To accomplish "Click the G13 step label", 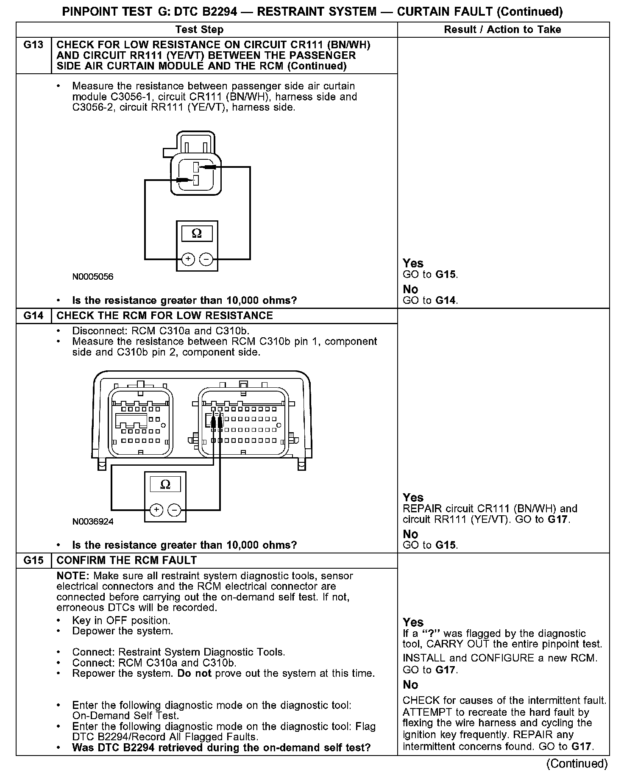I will point(33,45).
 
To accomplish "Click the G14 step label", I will point(33,316).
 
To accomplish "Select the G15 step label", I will point(33,560).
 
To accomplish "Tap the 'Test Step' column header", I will point(199,29).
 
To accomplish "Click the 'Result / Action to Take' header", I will point(502,29).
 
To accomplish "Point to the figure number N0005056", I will point(93,277).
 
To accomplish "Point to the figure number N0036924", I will point(93,522).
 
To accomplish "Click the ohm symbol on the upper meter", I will point(197,233).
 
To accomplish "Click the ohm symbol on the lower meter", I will point(165,484).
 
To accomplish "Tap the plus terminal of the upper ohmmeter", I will point(188,258).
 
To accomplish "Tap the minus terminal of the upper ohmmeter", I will point(206,258).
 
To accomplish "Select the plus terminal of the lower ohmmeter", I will point(156,509).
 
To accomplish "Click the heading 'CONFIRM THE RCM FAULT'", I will point(126,560).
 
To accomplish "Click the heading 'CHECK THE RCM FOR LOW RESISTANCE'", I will point(164,316).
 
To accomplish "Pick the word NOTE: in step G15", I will point(73,576).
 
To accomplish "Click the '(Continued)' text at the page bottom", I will point(577,763).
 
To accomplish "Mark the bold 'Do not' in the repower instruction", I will point(194,673).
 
